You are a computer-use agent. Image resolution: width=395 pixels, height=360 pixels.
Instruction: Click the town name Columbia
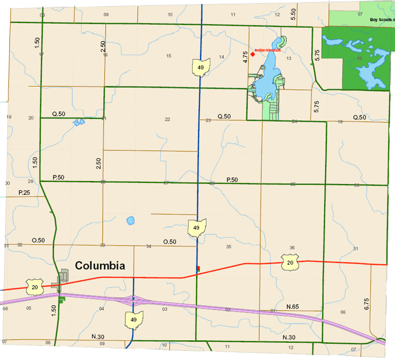click(100, 266)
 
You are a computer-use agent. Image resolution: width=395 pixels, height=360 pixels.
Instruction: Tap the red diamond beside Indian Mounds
click(252, 54)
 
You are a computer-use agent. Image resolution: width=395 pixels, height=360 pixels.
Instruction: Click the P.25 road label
click(25, 192)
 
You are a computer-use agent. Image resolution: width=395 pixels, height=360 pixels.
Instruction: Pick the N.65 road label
click(292, 307)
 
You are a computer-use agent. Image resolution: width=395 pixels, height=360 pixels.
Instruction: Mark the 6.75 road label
click(366, 304)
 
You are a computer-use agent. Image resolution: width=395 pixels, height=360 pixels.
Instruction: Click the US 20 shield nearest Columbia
click(35, 286)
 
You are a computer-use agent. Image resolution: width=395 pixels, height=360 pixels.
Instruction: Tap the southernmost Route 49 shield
click(134, 320)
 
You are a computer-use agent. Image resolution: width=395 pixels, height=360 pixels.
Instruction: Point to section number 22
click(167, 120)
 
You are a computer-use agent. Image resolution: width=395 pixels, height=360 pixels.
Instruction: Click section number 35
click(229, 247)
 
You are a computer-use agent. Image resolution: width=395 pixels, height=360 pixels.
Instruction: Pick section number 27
click(166, 183)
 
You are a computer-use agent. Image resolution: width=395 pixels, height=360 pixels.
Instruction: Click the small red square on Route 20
click(198, 268)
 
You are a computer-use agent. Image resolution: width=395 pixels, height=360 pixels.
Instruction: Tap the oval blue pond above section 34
click(130, 220)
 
